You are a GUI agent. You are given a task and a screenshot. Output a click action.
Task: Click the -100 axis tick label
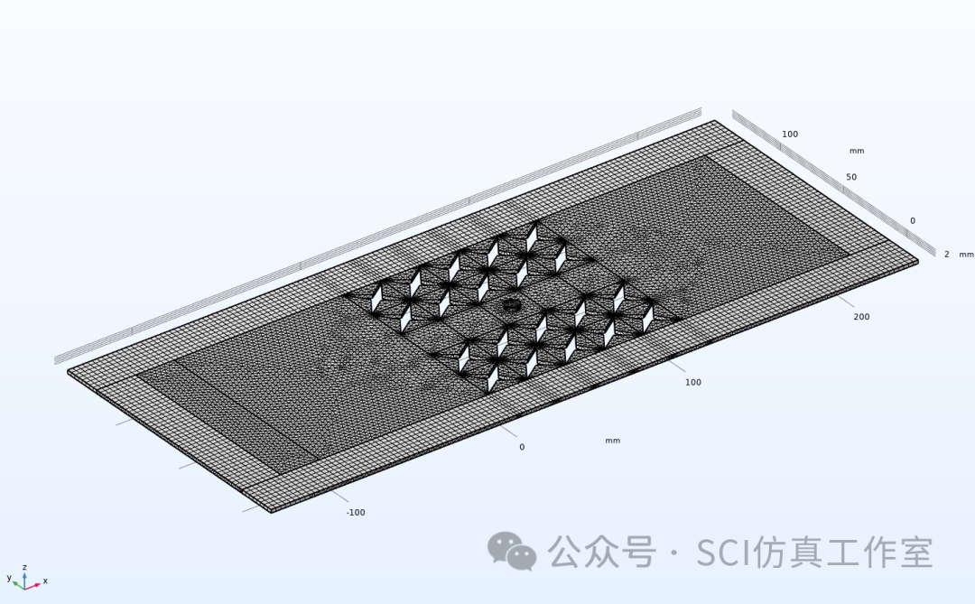(x=356, y=513)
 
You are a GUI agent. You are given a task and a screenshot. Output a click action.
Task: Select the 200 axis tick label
(x=861, y=317)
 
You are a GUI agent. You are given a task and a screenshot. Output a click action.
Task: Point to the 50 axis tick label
(x=851, y=177)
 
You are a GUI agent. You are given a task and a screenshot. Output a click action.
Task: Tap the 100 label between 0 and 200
(x=692, y=383)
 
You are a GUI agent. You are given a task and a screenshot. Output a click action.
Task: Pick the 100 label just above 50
(x=790, y=135)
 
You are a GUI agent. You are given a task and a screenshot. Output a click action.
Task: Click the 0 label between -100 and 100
(x=521, y=447)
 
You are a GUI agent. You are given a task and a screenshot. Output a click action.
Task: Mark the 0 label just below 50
(x=912, y=221)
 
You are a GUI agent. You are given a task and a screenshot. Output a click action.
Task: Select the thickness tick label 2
(x=946, y=255)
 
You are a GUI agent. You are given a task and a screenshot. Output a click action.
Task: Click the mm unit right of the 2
(x=966, y=255)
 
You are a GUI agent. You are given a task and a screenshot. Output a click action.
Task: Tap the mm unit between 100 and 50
(x=857, y=152)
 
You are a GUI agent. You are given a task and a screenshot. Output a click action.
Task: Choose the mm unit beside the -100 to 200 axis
(x=612, y=441)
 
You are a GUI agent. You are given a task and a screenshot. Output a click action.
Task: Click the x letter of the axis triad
(x=45, y=581)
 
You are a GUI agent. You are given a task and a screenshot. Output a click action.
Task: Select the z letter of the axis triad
(x=24, y=566)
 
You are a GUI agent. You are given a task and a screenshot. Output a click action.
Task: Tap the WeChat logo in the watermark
(x=512, y=551)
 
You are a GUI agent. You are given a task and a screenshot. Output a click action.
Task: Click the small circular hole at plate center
(x=512, y=304)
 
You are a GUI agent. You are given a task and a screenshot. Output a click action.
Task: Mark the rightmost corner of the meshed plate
(x=917, y=262)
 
